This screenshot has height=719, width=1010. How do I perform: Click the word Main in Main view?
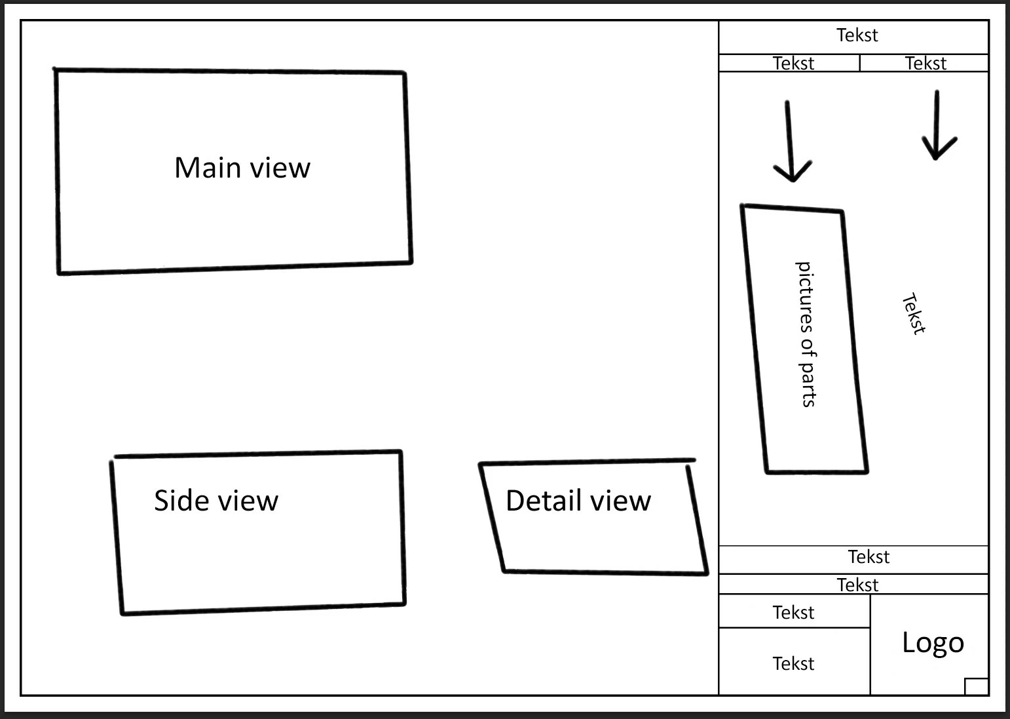click(x=206, y=168)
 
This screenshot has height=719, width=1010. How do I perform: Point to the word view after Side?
click(x=248, y=501)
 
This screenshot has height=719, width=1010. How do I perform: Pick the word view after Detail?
click(x=620, y=501)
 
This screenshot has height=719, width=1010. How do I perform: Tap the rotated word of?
click(x=807, y=345)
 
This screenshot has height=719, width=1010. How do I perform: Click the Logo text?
click(x=933, y=643)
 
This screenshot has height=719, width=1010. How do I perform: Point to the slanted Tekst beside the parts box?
click(x=914, y=314)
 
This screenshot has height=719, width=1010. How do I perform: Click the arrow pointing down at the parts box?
click(x=791, y=141)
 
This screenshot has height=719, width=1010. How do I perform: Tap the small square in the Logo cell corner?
click(x=976, y=686)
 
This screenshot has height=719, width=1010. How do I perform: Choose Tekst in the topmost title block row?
click(x=857, y=35)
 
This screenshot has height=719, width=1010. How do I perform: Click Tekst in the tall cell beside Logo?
click(x=793, y=664)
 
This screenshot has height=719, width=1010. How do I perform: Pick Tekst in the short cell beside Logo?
click(x=793, y=613)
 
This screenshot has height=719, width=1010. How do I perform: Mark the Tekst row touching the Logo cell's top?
click(x=857, y=585)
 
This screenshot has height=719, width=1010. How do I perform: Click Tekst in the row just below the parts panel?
click(x=869, y=557)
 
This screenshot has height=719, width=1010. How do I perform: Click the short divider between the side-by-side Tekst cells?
click(x=860, y=63)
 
